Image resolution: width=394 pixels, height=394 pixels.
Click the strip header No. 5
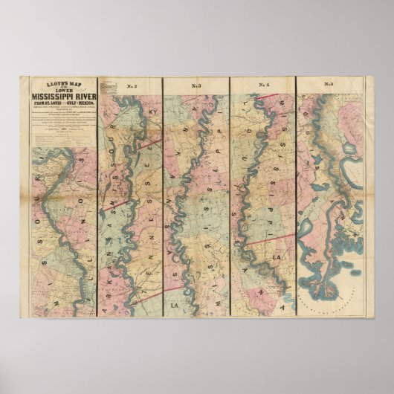tap(329, 85)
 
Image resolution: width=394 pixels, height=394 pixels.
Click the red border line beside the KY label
tap(149, 141)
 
